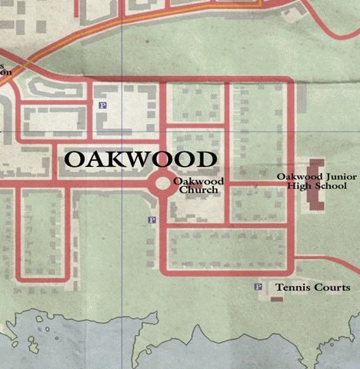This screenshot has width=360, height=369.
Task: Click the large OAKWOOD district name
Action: [x=139, y=159]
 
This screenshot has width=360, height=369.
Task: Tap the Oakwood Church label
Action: [x=198, y=185]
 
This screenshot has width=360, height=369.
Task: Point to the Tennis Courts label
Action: [x=312, y=288]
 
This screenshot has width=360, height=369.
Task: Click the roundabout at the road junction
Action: [x=164, y=184]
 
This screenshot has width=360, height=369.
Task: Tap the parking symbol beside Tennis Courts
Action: [x=258, y=288]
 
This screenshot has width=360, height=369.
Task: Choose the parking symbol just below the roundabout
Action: [x=152, y=221]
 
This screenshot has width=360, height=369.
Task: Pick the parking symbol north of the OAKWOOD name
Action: [x=104, y=105]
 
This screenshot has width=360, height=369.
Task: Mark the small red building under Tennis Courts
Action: [x=276, y=298]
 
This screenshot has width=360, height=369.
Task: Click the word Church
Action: [x=198, y=190]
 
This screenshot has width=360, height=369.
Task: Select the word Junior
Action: [x=332, y=177]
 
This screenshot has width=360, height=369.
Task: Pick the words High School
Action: [x=317, y=186]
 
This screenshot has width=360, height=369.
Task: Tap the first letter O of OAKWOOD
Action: [x=75, y=159]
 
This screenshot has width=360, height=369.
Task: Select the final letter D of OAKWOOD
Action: [x=204, y=159]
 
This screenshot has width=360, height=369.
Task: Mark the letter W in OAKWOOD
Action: [x=140, y=159]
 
